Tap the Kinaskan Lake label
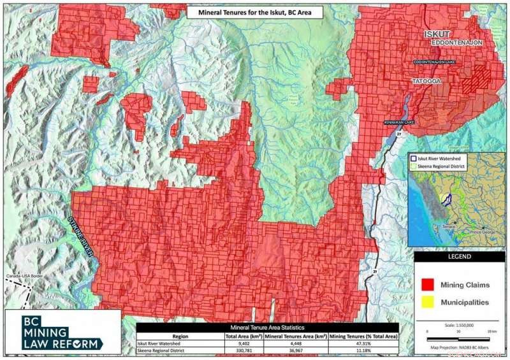coord(399,122)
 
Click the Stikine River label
coord(82,235)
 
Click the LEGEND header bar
coord(460,257)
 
